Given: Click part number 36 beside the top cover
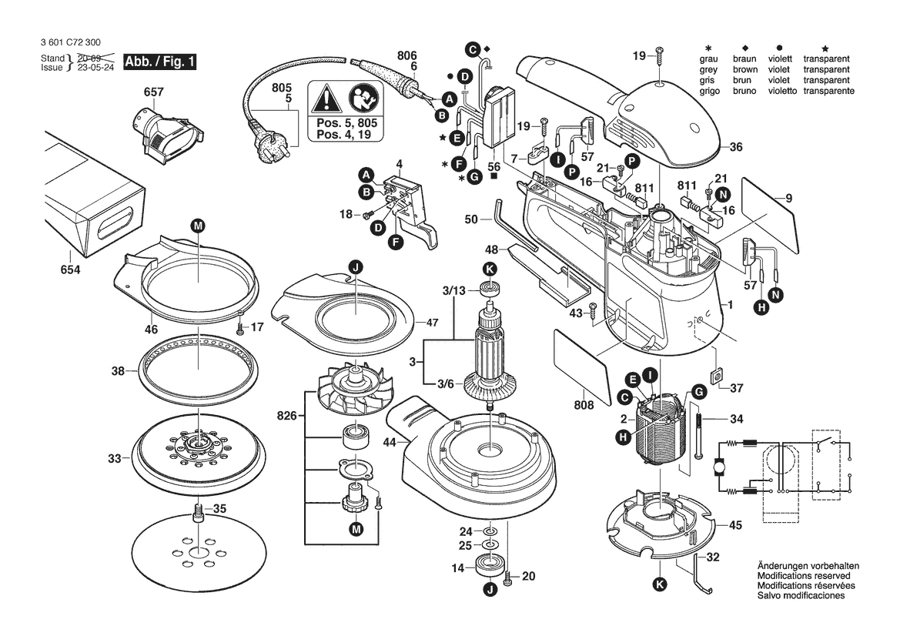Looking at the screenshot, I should (736, 148).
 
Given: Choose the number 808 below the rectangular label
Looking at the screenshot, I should (584, 406).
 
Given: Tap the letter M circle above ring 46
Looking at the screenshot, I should (198, 226).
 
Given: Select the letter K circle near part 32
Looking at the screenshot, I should (660, 584).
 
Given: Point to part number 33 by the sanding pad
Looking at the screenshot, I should (115, 459).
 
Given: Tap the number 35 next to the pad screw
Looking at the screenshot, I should (219, 509).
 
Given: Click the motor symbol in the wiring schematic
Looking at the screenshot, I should (718, 467).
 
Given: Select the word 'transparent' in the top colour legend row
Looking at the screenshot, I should (826, 59).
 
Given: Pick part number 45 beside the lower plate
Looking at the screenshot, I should (735, 525).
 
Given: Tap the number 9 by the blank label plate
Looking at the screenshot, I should (788, 200).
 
